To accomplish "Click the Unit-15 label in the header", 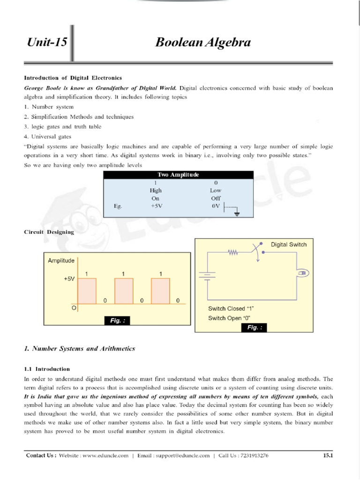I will [x=46, y=44].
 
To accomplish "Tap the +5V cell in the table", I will [x=156, y=206].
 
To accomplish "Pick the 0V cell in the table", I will [x=216, y=206].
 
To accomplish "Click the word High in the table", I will [x=156, y=190].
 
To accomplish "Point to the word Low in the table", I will [x=216, y=190].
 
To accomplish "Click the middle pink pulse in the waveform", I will [x=123, y=291].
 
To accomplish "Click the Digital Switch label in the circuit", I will [x=289, y=244].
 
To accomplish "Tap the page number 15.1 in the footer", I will [x=328, y=455].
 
